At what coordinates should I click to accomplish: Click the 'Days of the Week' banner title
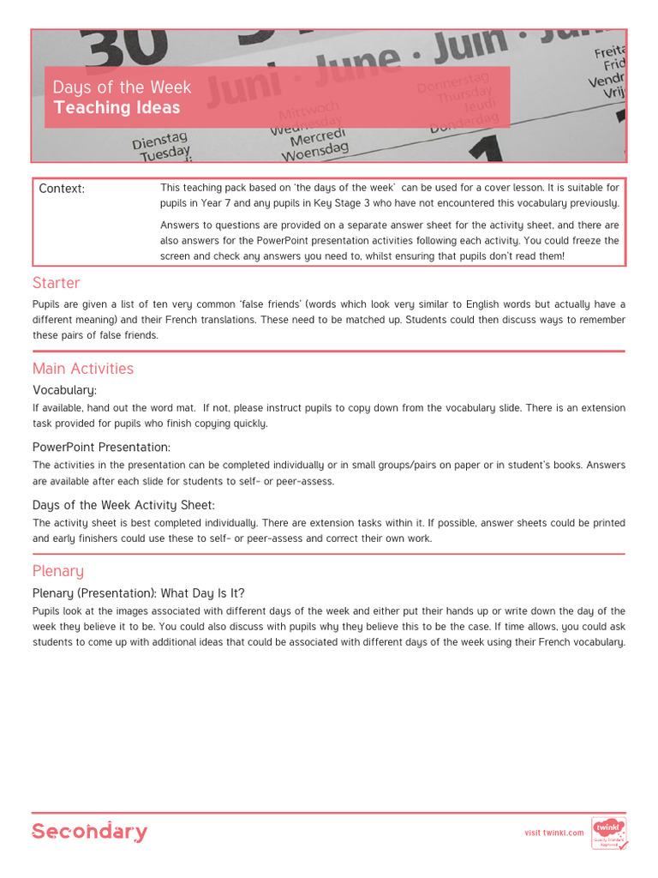pos(123,87)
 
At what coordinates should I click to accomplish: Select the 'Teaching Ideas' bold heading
pos(117,108)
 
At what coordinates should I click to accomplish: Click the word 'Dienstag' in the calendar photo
pos(159,140)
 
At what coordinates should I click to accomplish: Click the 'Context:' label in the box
pos(62,189)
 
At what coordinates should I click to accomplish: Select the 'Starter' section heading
pos(56,283)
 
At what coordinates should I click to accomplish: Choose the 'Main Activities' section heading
pos(83,369)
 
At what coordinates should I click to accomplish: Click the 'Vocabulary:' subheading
pos(64,390)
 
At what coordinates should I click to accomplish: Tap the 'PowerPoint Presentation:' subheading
pos(101,448)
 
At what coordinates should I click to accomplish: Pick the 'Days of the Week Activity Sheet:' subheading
pos(123,505)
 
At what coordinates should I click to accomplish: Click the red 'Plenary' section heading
pos(58,571)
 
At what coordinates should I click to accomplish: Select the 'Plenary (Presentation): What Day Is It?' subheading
pos(139,593)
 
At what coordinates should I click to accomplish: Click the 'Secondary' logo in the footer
pos(89,832)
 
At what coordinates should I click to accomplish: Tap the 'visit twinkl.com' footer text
pos(553,833)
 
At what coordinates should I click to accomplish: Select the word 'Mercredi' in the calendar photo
pos(318,137)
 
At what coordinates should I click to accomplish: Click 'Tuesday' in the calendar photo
pos(164,154)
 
